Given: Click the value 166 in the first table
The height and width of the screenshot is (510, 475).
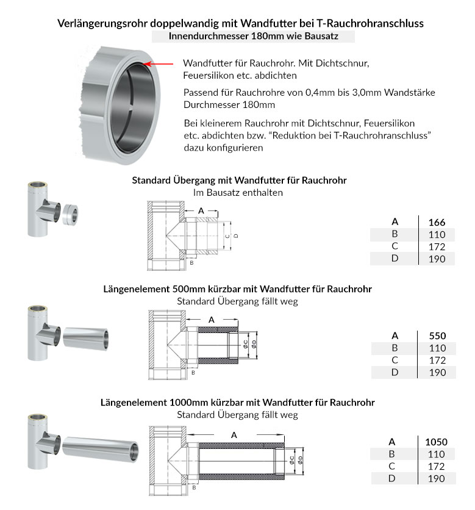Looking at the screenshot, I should [437, 222].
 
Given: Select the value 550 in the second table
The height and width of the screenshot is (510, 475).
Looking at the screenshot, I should [437, 336].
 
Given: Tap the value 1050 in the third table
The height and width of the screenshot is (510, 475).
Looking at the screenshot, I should [437, 442].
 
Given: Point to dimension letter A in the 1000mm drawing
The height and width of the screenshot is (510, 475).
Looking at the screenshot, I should [234, 434].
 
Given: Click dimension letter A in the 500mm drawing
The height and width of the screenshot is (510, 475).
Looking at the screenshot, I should [212, 319].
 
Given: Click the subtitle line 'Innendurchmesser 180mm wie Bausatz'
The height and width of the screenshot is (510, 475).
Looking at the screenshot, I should [253, 37].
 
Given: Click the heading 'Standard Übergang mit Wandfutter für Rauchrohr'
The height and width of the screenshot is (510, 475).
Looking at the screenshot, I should [240, 181].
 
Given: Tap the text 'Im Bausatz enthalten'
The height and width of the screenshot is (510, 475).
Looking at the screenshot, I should [238, 193].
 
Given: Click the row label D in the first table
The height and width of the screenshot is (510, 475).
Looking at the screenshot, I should [395, 259].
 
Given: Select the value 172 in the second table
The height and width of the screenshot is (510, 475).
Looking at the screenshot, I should [437, 360].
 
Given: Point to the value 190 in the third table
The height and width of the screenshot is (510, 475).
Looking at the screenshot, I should [437, 478].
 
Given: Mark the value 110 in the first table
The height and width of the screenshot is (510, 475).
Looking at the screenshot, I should [437, 234].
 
